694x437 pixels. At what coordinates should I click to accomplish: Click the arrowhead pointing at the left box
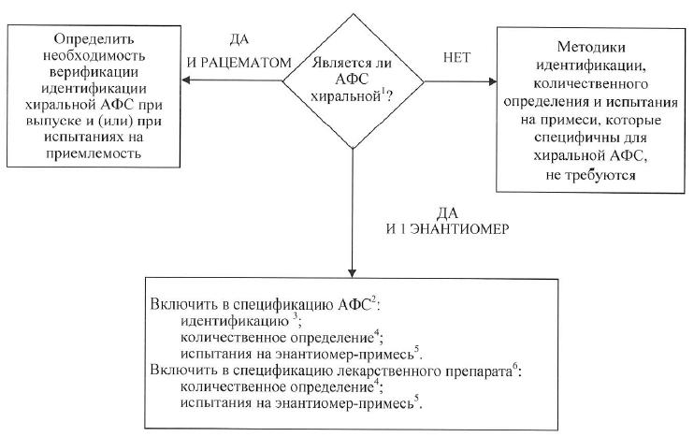coord(184,80)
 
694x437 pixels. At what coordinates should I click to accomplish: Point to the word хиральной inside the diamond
coord(347,97)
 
